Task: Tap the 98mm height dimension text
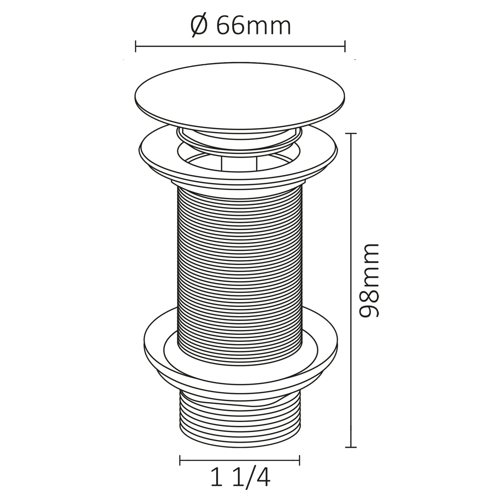pyautogui.click(x=368, y=281)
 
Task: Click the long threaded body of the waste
pyautogui.click(x=239, y=260)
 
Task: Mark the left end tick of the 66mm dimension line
pyautogui.click(x=136, y=46)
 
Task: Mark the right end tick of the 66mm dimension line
pyautogui.click(x=345, y=46)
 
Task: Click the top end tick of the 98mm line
pyautogui.click(x=351, y=133)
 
